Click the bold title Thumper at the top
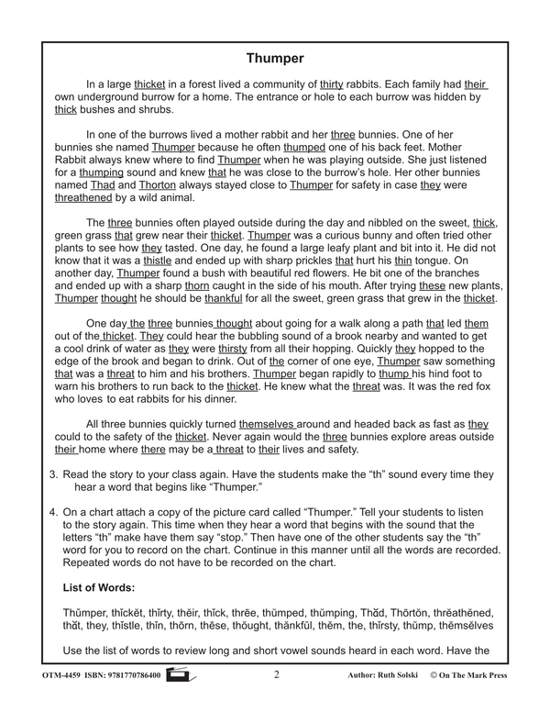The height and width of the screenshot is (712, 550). coord(275,59)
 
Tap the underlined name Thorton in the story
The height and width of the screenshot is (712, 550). coord(159,184)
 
